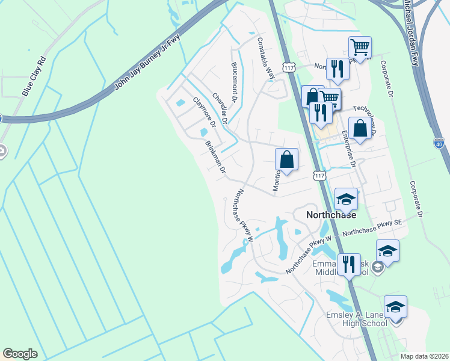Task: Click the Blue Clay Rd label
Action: click(x=34, y=76)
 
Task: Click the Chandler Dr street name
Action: click(x=219, y=108)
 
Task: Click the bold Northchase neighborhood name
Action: click(x=331, y=214)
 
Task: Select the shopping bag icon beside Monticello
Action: click(x=287, y=160)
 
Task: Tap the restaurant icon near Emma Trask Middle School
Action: click(x=348, y=264)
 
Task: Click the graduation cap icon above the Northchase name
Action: click(x=346, y=198)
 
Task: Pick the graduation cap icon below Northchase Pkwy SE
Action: click(x=387, y=251)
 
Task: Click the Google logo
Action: click(x=20, y=354)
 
